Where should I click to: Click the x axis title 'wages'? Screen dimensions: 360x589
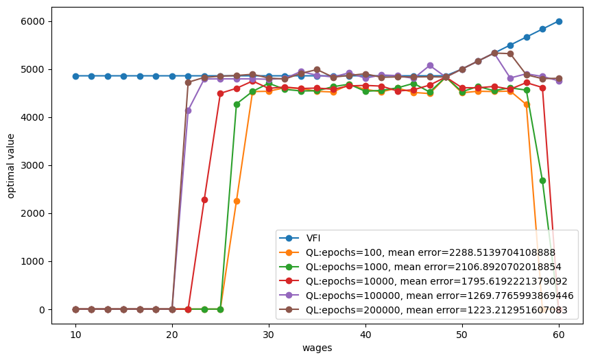(317, 348)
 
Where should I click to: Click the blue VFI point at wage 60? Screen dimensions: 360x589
(559, 21)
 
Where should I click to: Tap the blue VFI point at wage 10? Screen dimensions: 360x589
(75, 76)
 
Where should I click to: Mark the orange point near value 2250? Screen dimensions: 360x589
(237, 201)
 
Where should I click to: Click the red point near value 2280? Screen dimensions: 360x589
(204, 200)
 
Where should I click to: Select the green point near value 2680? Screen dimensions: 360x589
(542, 180)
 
